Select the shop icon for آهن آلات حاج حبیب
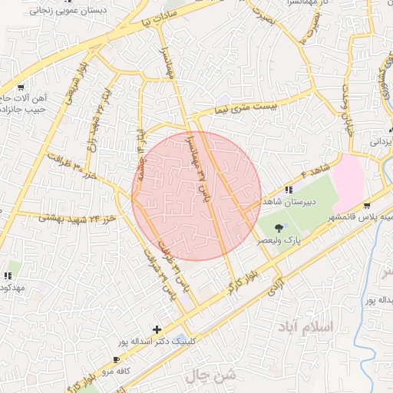coord(20,87)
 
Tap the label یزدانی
coord(381,143)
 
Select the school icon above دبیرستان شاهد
coord(289,189)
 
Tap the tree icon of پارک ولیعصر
coord(279,227)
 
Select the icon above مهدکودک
coord(9,275)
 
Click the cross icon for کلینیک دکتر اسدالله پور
coord(157,329)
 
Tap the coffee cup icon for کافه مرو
coord(116,359)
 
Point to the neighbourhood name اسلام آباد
coord(309,327)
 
